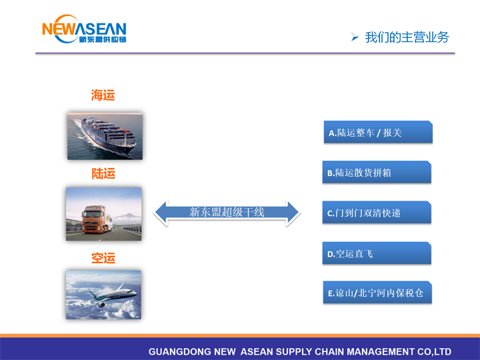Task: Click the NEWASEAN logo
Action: pyautogui.click(x=84, y=29)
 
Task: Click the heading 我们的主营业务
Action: pyautogui.click(x=407, y=37)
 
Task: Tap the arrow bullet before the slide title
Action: pyautogui.click(x=355, y=37)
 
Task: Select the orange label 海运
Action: pyautogui.click(x=103, y=95)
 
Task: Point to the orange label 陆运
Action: pyautogui.click(x=103, y=173)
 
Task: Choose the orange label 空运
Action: pyautogui.click(x=103, y=258)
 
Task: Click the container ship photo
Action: pyautogui.click(x=105, y=136)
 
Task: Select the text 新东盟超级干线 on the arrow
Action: pyautogui.click(x=227, y=212)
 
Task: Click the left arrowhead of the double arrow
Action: pyautogui.click(x=161, y=213)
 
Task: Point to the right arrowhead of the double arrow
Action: pyautogui.click(x=293, y=213)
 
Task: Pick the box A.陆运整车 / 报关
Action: pyautogui.click(x=378, y=132)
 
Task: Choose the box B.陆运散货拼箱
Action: pyautogui.click(x=377, y=172)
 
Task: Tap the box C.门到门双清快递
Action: pyautogui.click(x=377, y=213)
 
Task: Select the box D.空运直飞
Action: pyautogui.click(x=377, y=253)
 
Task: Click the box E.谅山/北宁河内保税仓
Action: pyautogui.click(x=377, y=293)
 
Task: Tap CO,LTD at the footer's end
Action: pyautogui.click(x=434, y=352)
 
